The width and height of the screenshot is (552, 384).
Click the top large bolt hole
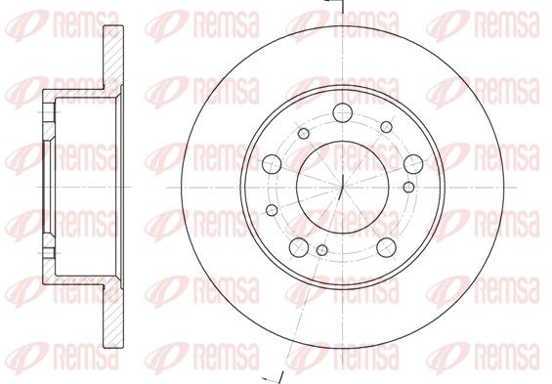coord(343,112)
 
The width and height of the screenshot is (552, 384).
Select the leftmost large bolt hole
coord(272,164)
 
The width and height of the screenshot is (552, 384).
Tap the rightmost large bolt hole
coord(413,164)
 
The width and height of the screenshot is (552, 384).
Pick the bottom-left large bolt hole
coord(299,247)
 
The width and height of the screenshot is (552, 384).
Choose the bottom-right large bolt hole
coord(386,247)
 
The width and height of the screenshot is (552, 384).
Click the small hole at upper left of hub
coord(304,134)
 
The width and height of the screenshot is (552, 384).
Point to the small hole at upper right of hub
coord(387,127)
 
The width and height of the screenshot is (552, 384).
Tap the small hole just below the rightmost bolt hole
coord(408,187)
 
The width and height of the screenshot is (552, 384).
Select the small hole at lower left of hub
coord(272,210)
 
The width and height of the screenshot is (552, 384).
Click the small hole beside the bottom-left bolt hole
coord(322,250)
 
